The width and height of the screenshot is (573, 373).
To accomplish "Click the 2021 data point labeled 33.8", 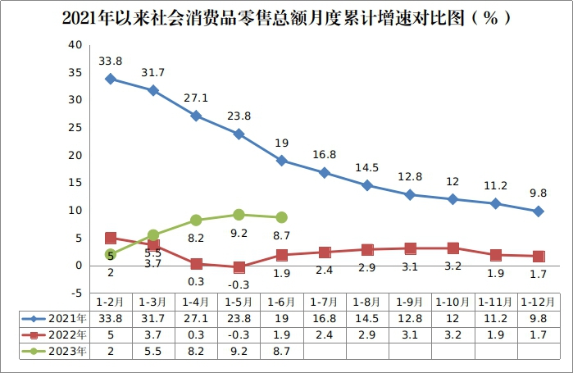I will pos(111,79).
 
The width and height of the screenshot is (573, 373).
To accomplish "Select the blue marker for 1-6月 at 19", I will pos(281,161).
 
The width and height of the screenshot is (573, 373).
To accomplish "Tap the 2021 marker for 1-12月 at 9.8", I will pos(538,212).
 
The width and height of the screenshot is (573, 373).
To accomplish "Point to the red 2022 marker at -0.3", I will pos(239,267).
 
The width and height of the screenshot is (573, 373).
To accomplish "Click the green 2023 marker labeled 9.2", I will pos(239,215).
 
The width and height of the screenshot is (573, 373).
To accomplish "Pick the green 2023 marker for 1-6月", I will pos(281,217).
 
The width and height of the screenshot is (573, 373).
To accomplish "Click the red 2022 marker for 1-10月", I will pos(452,248).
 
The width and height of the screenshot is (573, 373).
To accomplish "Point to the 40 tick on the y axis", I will pos(75,45).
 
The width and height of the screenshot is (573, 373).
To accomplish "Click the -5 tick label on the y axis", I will pos(75,293).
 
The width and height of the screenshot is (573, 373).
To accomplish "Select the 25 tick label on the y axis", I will pos(75,128).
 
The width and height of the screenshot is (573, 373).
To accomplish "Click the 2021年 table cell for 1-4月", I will pos(196,318).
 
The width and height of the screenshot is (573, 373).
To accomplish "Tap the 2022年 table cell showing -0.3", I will pos(239,334).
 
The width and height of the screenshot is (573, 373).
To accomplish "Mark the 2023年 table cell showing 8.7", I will pos(281,351).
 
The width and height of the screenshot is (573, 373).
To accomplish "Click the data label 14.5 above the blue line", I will pos(366,168).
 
